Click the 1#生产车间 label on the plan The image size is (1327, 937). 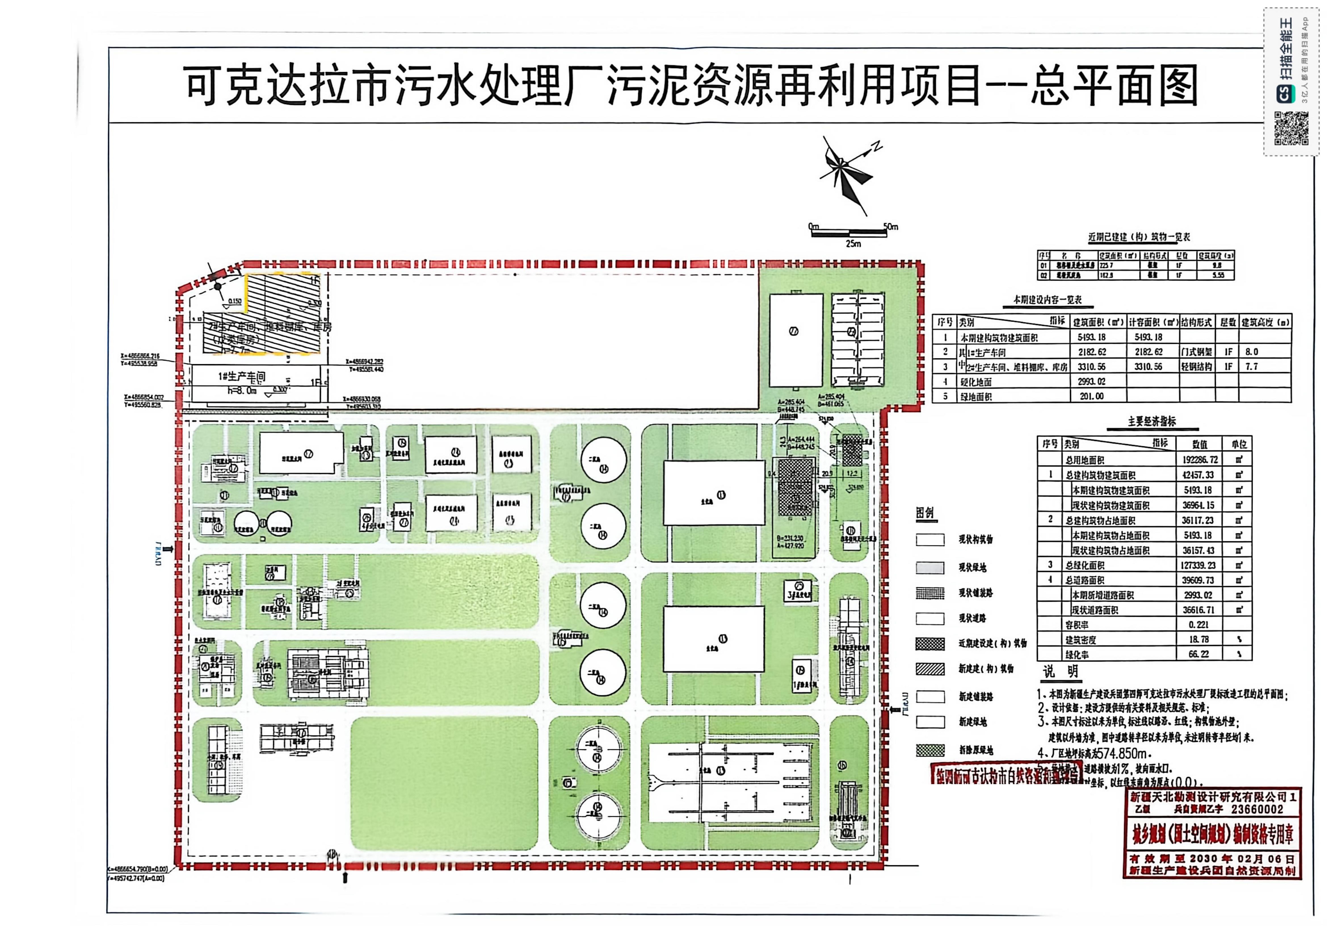(x=241, y=377)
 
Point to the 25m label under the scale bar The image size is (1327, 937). (x=853, y=244)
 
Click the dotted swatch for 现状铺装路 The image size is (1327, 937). (x=930, y=593)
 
